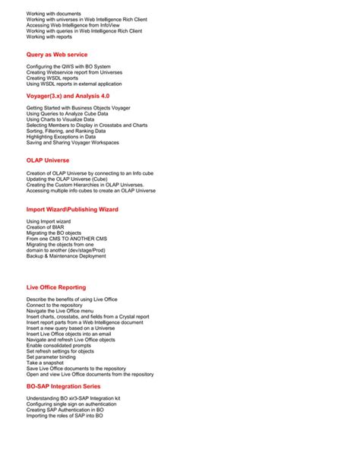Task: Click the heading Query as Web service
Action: click(57, 55)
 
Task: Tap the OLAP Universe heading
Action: click(48, 160)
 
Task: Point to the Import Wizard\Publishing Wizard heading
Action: click(72, 208)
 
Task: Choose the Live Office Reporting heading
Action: click(56, 287)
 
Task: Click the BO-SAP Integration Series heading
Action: click(64, 386)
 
